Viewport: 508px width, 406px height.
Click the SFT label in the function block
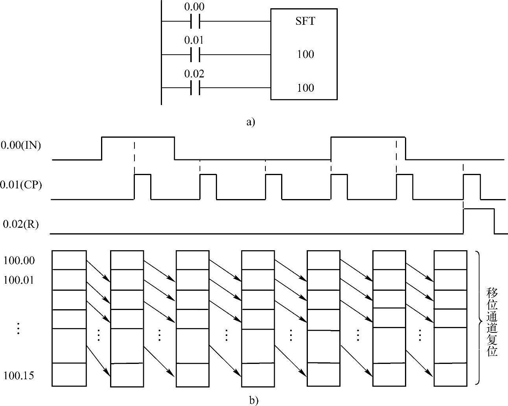305,21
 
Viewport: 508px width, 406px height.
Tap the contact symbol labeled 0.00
195,21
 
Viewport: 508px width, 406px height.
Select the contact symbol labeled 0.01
195,55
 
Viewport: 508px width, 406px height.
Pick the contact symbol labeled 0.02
195,88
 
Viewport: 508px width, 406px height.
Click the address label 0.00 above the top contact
194,7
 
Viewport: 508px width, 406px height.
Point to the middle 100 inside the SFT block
305,54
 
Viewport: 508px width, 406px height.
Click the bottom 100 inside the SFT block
305,87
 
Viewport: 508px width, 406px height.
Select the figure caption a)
250,122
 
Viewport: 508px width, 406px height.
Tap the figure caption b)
254,400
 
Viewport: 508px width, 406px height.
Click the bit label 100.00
19,260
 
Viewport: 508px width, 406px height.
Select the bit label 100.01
19,280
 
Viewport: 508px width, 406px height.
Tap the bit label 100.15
19,376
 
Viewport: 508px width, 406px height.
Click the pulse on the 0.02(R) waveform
479,221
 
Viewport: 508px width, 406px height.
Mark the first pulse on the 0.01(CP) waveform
143,187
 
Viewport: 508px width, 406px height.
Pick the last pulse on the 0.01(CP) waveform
472,187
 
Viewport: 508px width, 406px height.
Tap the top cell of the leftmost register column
69,260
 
